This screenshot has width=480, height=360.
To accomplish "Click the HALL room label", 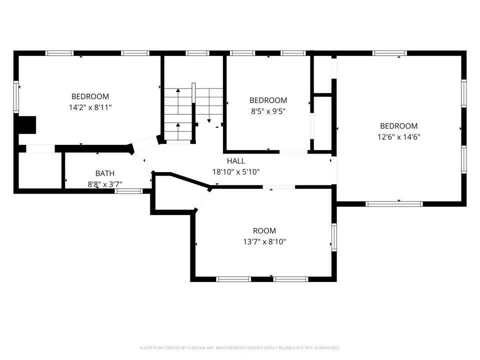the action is [x=235, y=160].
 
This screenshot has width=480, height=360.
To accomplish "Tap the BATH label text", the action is [x=104, y=173].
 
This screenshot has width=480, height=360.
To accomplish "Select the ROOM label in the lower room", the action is [x=264, y=230].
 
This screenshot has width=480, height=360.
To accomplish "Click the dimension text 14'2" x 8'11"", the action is [x=90, y=107].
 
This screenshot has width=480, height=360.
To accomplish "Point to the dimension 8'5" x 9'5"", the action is [x=268, y=111].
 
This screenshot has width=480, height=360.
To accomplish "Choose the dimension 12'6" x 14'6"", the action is [x=398, y=137].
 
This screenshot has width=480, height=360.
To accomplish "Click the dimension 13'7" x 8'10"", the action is [x=264, y=242].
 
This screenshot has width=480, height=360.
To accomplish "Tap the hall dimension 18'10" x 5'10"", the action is [x=235, y=171].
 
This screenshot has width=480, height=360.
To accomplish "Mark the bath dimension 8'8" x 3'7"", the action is [x=104, y=184].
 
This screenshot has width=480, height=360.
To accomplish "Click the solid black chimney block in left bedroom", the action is [x=27, y=125].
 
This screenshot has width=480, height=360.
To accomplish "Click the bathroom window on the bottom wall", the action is [x=128, y=191].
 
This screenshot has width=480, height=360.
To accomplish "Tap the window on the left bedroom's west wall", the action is [x=16, y=96].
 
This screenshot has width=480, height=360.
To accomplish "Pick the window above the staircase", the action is [x=197, y=53].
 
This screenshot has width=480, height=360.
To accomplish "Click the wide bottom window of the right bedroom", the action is [x=394, y=204].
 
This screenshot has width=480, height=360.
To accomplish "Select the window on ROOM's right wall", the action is [x=334, y=237].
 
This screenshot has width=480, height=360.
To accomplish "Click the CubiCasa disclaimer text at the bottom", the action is [x=239, y=348].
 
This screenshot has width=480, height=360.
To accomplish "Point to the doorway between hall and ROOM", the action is [x=279, y=186].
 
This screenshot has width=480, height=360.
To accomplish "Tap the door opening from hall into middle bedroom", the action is [x=293, y=152].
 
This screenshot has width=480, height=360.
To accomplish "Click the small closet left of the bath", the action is [x=40, y=170].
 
